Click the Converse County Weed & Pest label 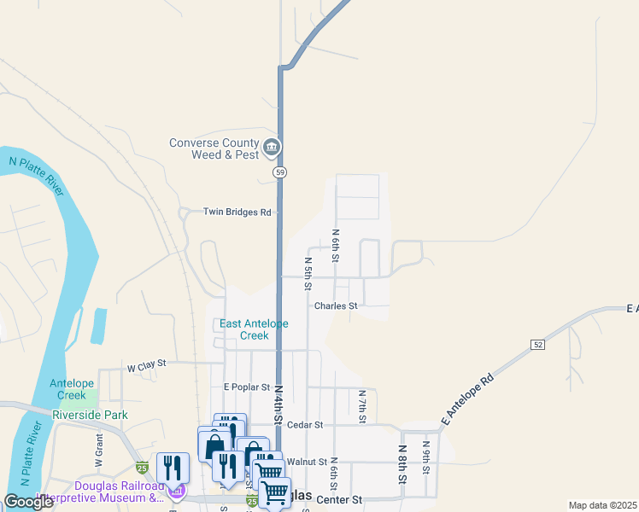coord(214,148)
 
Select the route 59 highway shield coord(279,172)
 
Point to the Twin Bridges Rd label coord(237,212)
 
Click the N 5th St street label coord(308,272)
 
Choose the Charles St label coord(336,305)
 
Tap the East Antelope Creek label coord(255,329)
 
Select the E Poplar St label coord(247,387)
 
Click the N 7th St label coord(362,406)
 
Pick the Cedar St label coord(305,424)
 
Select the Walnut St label coord(308,462)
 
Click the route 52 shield coord(536,344)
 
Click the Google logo coord(29,502)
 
